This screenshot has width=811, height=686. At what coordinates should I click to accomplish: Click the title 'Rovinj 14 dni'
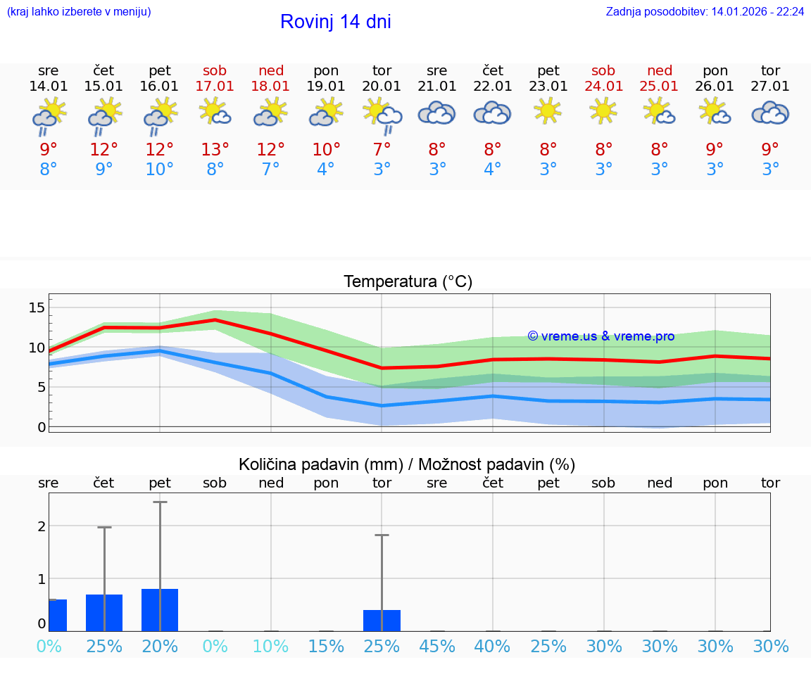(x=335, y=22)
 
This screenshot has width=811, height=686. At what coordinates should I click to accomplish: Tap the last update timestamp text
(x=705, y=12)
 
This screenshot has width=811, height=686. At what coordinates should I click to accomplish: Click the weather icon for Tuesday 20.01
(x=382, y=115)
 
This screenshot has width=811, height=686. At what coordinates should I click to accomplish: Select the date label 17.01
(x=215, y=86)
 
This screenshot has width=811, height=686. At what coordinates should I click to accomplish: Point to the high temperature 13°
(x=215, y=149)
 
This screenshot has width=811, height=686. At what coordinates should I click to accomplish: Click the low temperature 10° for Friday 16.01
(x=160, y=169)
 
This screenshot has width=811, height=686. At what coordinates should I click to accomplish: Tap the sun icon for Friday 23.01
(x=548, y=111)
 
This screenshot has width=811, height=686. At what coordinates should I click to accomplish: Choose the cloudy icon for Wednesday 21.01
(x=437, y=113)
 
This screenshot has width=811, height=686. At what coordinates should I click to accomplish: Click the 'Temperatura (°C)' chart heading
(x=408, y=282)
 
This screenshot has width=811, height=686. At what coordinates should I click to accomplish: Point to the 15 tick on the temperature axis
(x=37, y=307)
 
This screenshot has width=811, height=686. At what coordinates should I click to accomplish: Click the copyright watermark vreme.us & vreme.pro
(x=601, y=336)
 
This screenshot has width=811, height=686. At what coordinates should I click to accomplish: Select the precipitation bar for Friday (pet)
(x=160, y=609)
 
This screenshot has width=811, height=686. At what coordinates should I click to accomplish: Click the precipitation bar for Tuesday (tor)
(x=382, y=620)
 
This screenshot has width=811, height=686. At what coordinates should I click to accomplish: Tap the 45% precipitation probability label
(x=437, y=646)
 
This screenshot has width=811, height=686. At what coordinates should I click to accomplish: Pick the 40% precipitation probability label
(x=493, y=646)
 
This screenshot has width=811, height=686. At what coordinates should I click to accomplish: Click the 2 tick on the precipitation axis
(x=42, y=526)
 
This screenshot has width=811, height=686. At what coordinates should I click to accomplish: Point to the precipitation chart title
(x=407, y=464)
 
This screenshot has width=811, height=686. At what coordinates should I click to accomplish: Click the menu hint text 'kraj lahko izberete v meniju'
(x=79, y=12)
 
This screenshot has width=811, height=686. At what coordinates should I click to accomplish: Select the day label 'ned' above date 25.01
(x=660, y=70)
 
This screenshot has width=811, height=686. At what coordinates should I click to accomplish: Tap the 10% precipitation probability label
(x=271, y=646)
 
